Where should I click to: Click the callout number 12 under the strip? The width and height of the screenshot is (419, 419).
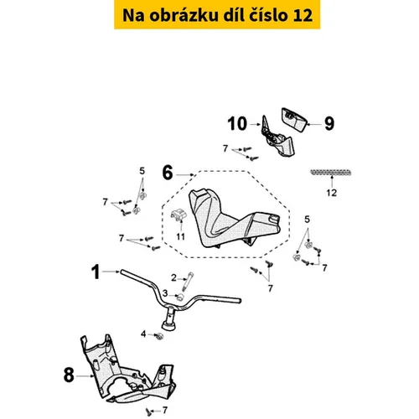coord(332,193)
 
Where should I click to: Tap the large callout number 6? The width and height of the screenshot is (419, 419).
coord(168,173)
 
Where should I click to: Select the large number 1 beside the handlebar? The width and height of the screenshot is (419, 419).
coord(96,272)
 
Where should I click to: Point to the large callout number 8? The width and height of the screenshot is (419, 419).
coord(69,375)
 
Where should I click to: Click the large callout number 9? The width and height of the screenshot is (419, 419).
coord(329,123)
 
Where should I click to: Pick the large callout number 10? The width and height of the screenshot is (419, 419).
coord(237,124)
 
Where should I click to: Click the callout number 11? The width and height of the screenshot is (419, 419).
coord(181,237)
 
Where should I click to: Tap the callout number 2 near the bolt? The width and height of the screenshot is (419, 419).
coord(173,278)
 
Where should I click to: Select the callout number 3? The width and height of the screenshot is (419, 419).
coord(165,293)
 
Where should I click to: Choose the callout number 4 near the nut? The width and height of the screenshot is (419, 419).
coord(143,334)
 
